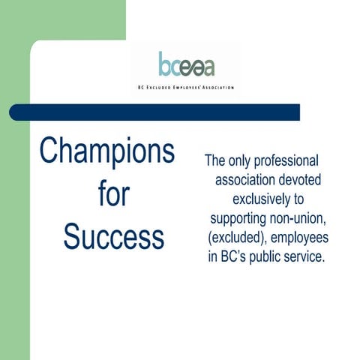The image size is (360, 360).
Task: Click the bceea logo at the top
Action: coord(186,65)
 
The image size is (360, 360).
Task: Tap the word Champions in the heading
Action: coord(107,151)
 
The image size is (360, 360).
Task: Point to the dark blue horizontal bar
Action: coord(154,112)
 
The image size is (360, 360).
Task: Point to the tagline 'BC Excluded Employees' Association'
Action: coord(186,87)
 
